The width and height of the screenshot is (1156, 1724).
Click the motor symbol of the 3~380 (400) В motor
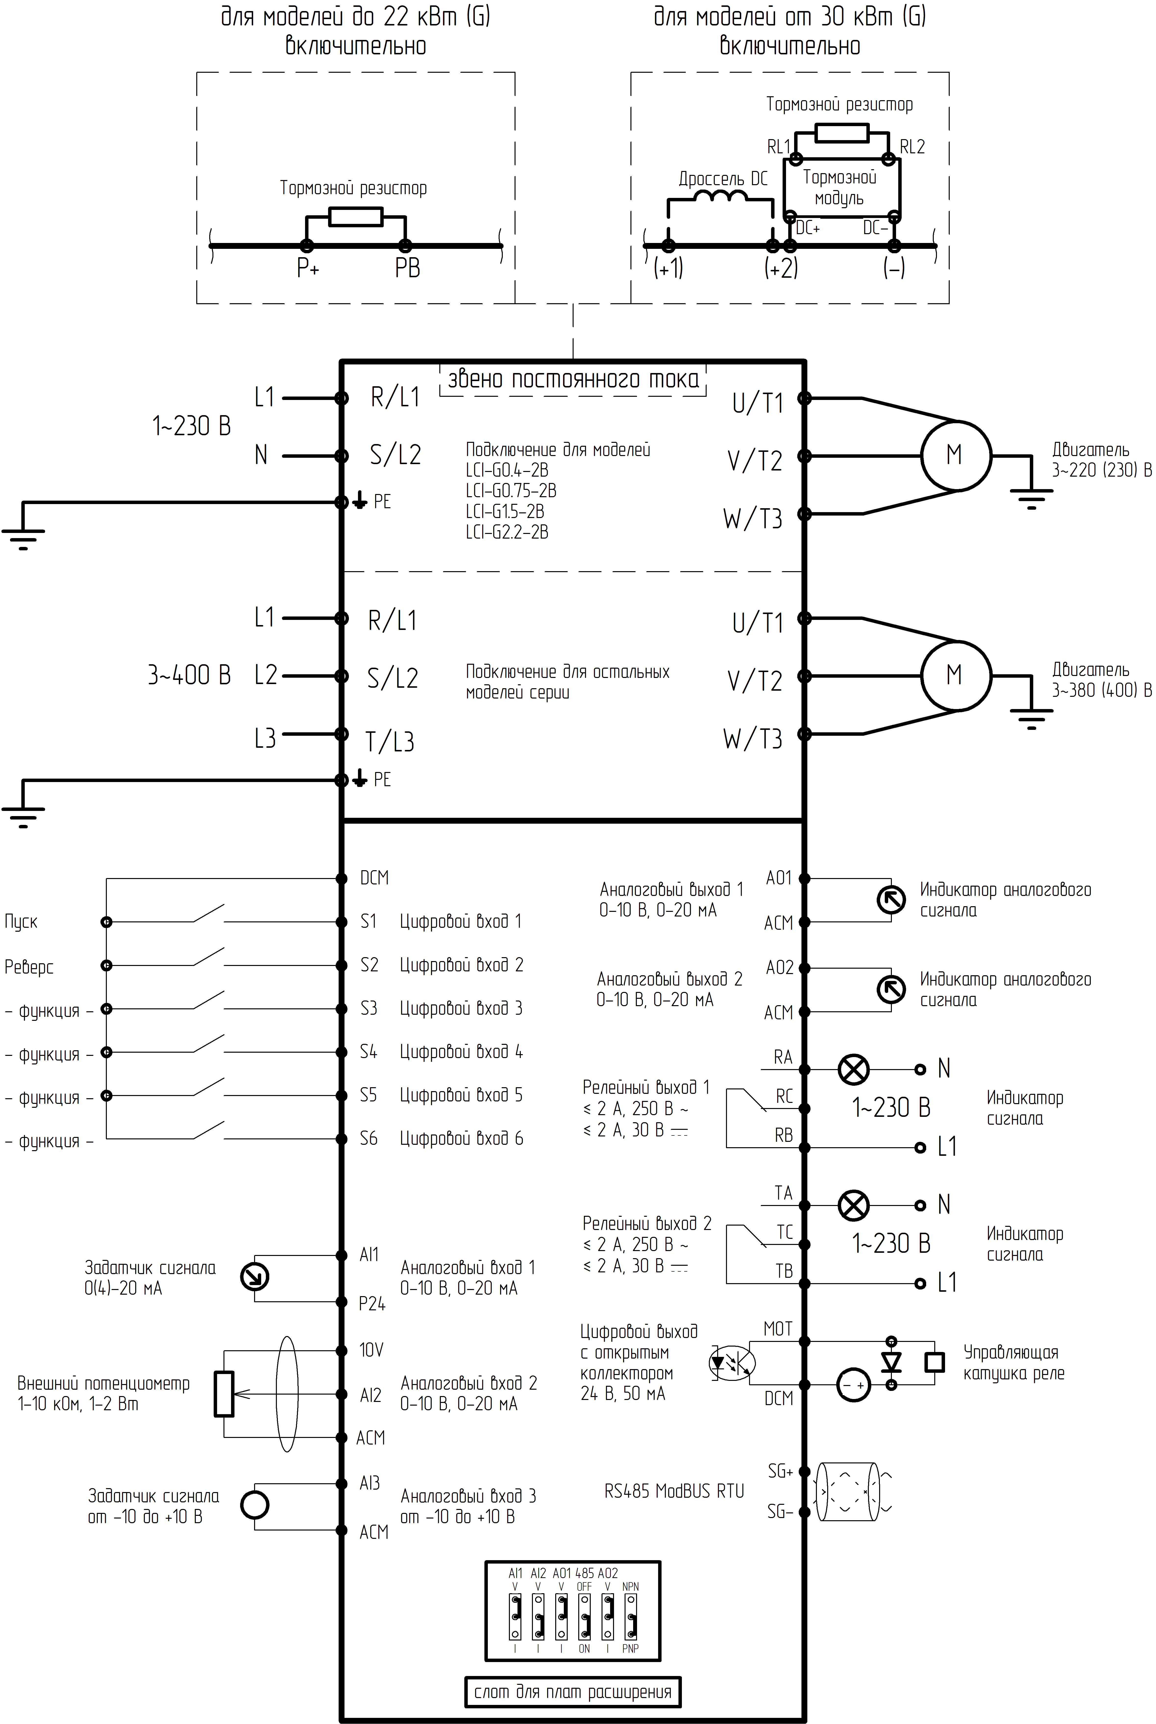[x=956, y=675]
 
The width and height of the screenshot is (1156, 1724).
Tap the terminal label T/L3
[x=389, y=741]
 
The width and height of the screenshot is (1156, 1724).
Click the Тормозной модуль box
[x=840, y=189]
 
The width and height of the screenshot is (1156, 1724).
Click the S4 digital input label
[x=369, y=1051]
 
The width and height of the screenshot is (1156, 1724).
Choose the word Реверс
[x=29, y=967]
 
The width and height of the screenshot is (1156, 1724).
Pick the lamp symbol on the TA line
[x=854, y=1205]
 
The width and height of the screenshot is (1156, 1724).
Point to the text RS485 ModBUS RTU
[x=674, y=1491]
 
